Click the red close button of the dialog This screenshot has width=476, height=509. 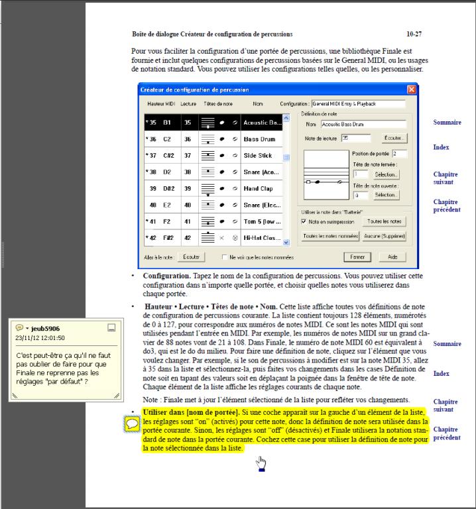pyautogui.click(x=411, y=89)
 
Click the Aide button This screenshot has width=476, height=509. pyautogui.click(x=392, y=256)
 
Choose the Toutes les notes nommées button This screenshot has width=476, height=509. pyautogui.click(x=331, y=236)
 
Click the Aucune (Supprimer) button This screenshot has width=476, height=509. pyautogui.click(x=385, y=236)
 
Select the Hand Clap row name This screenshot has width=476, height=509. pyautogui.click(x=258, y=189)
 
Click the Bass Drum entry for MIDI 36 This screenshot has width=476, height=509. pyautogui.click(x=259, y=139)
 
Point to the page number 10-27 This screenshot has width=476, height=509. pyautogui.click(x=414, y=33)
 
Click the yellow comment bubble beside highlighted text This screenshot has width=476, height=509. pyautogui.click(x=131, y=423)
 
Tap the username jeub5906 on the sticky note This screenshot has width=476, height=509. pyautogui.click(x=45, y=328)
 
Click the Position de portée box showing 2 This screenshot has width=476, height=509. pyautogui.click(x=398, y=154)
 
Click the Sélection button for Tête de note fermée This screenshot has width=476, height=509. pyautogui.click(x=385, y=174)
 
